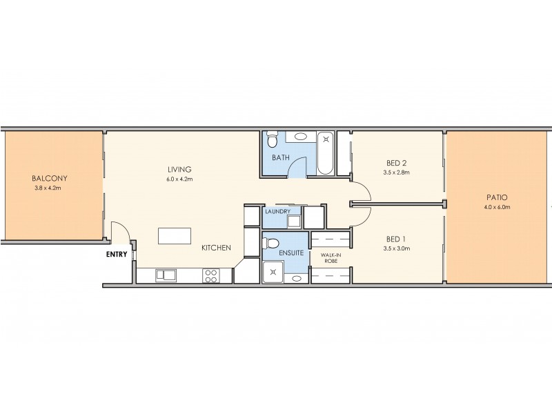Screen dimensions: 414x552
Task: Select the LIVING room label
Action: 178,169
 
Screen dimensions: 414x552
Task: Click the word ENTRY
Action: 117,254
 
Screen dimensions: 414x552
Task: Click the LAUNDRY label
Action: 277,211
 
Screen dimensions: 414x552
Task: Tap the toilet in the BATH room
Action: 272,142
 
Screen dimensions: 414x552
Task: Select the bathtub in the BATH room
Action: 326,152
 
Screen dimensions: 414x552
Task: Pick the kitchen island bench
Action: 175,236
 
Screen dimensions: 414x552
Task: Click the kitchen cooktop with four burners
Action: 211,275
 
